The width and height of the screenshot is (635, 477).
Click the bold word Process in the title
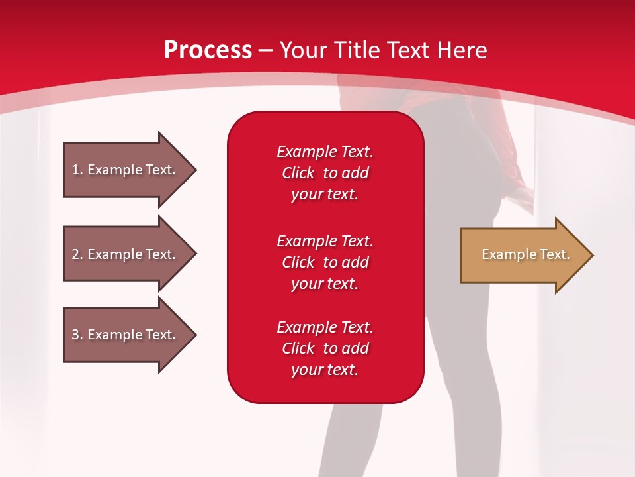coord(208,50)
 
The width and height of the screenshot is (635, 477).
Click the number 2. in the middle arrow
coord(77,254)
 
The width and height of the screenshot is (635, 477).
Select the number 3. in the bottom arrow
coord(77,335)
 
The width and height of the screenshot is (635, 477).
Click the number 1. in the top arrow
coord(77,170)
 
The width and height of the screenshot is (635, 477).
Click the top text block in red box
coord(325,173)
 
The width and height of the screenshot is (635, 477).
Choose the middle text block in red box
coord(325,262)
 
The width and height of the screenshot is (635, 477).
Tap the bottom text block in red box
coord(325,348)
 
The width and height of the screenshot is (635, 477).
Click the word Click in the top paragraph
coord(298,173)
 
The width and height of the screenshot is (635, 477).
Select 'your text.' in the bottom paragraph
coord(325,370)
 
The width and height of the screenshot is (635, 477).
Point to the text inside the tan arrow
coord(525,254)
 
